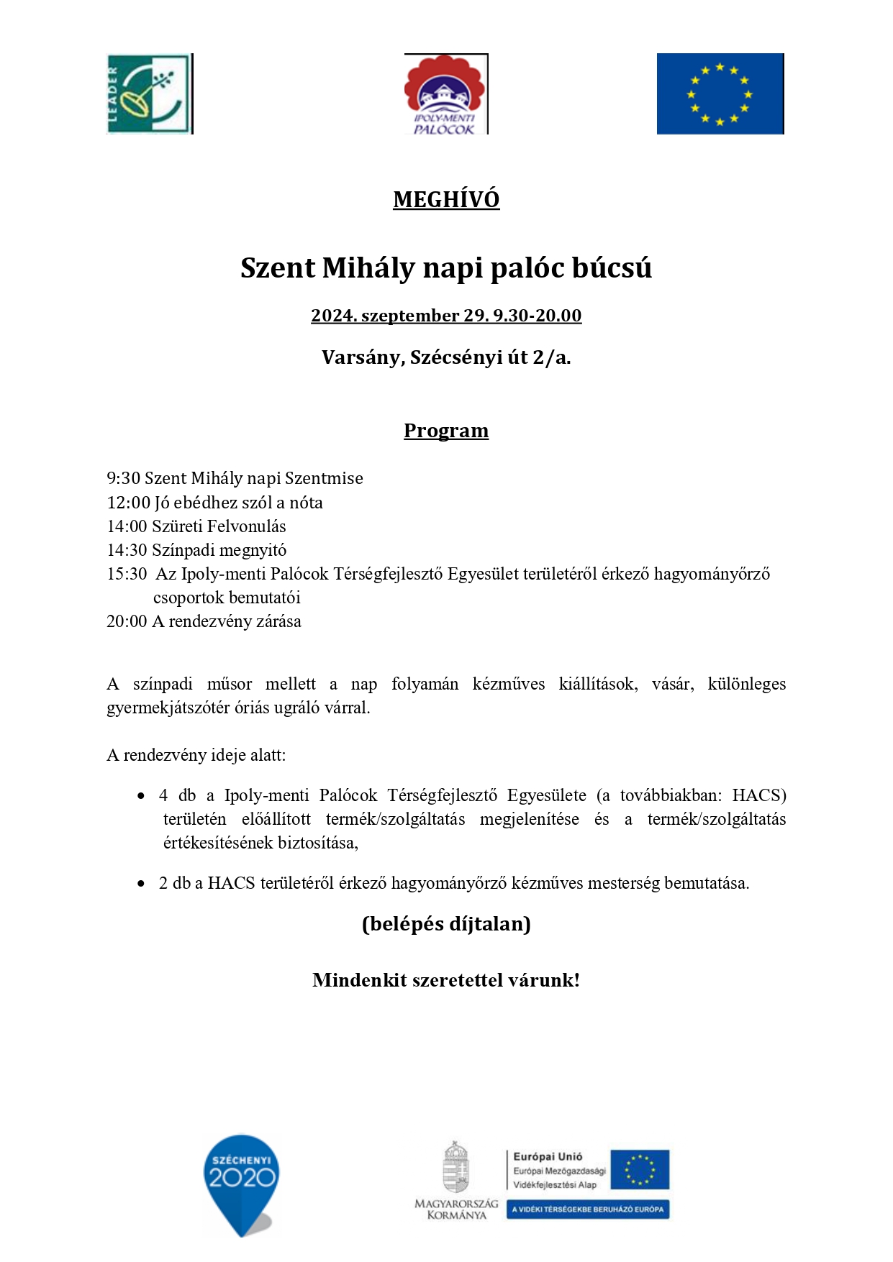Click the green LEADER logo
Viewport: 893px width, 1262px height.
[149, 93]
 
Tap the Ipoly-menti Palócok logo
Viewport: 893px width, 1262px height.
[445, 94]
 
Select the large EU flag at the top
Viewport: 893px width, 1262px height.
[720, 93]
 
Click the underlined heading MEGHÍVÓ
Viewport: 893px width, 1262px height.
[446, 199]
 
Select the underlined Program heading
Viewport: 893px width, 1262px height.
[446, 431]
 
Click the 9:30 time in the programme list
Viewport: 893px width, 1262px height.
[123, 479]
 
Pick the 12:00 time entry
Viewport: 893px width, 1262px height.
[128, 503]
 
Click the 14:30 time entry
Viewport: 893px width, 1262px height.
[127, 550]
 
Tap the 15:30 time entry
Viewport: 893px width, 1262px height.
[127, 574]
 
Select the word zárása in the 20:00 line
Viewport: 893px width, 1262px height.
[278, 621]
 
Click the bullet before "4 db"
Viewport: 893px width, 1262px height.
[141, 796]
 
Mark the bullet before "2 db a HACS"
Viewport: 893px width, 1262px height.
[141, 884]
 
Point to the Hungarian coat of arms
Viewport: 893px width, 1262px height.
[455, 1168]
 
